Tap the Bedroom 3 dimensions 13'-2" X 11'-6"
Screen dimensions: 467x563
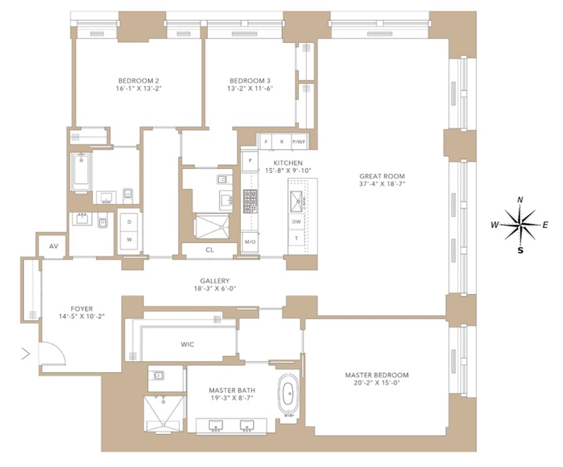coord(251,88)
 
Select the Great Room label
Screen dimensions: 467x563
coord(382,177)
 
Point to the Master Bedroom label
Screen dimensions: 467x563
coord(376,375)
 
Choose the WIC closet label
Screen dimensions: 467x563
coord(187,345)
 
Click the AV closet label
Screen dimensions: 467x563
coord(53,247)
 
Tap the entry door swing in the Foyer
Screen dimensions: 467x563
coord(52,353)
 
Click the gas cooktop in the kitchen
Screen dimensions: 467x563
coord(249,202)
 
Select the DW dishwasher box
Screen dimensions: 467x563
coord(296,222)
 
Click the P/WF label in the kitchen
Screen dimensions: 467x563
coord(297,142)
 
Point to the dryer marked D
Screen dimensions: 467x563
coord(129,222)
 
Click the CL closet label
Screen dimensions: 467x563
coord(209,250)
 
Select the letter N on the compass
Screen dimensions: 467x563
coord(520,200)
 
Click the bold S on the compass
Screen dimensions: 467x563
coord(520,249)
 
